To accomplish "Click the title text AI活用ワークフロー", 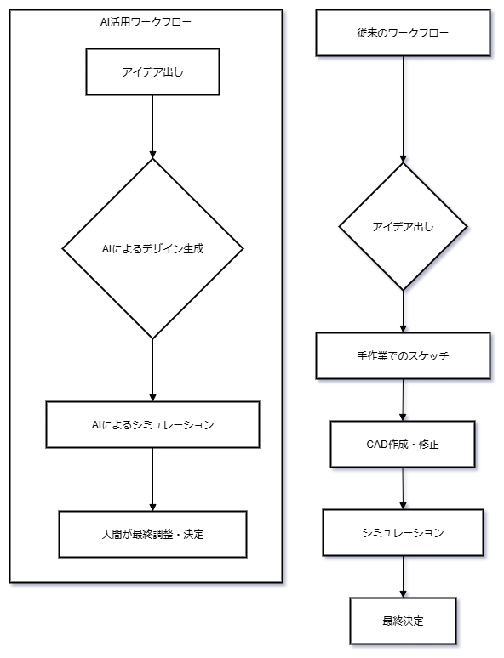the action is pos(146,22).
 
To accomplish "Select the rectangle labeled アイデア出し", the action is pos(152,71).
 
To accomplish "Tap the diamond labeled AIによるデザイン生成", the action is pos(152,248).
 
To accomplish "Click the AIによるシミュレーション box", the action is pos(152,425).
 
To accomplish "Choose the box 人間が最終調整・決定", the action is pos(152,534).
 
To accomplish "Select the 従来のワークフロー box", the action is pos(403,33).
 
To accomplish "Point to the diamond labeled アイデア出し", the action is pos(403,227).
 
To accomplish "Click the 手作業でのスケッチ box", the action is pos(403,356).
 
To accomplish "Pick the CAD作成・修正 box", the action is pos(403,444).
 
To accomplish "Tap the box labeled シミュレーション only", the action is pos(403,532).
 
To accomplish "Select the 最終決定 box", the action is pos(403,621).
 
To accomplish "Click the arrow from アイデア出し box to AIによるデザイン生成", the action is pos(152,127).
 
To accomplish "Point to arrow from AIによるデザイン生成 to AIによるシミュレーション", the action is pos(152,370).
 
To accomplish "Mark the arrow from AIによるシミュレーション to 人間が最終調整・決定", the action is pos(152,479).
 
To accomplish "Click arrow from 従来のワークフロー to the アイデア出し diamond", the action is pos(403,109).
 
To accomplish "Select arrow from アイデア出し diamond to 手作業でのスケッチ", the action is pos(403,311).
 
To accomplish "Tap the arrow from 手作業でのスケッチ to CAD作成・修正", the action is pos(403,400).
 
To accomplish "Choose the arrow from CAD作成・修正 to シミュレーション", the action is pos(403,488).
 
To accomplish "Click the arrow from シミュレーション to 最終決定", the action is pos(403,576).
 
